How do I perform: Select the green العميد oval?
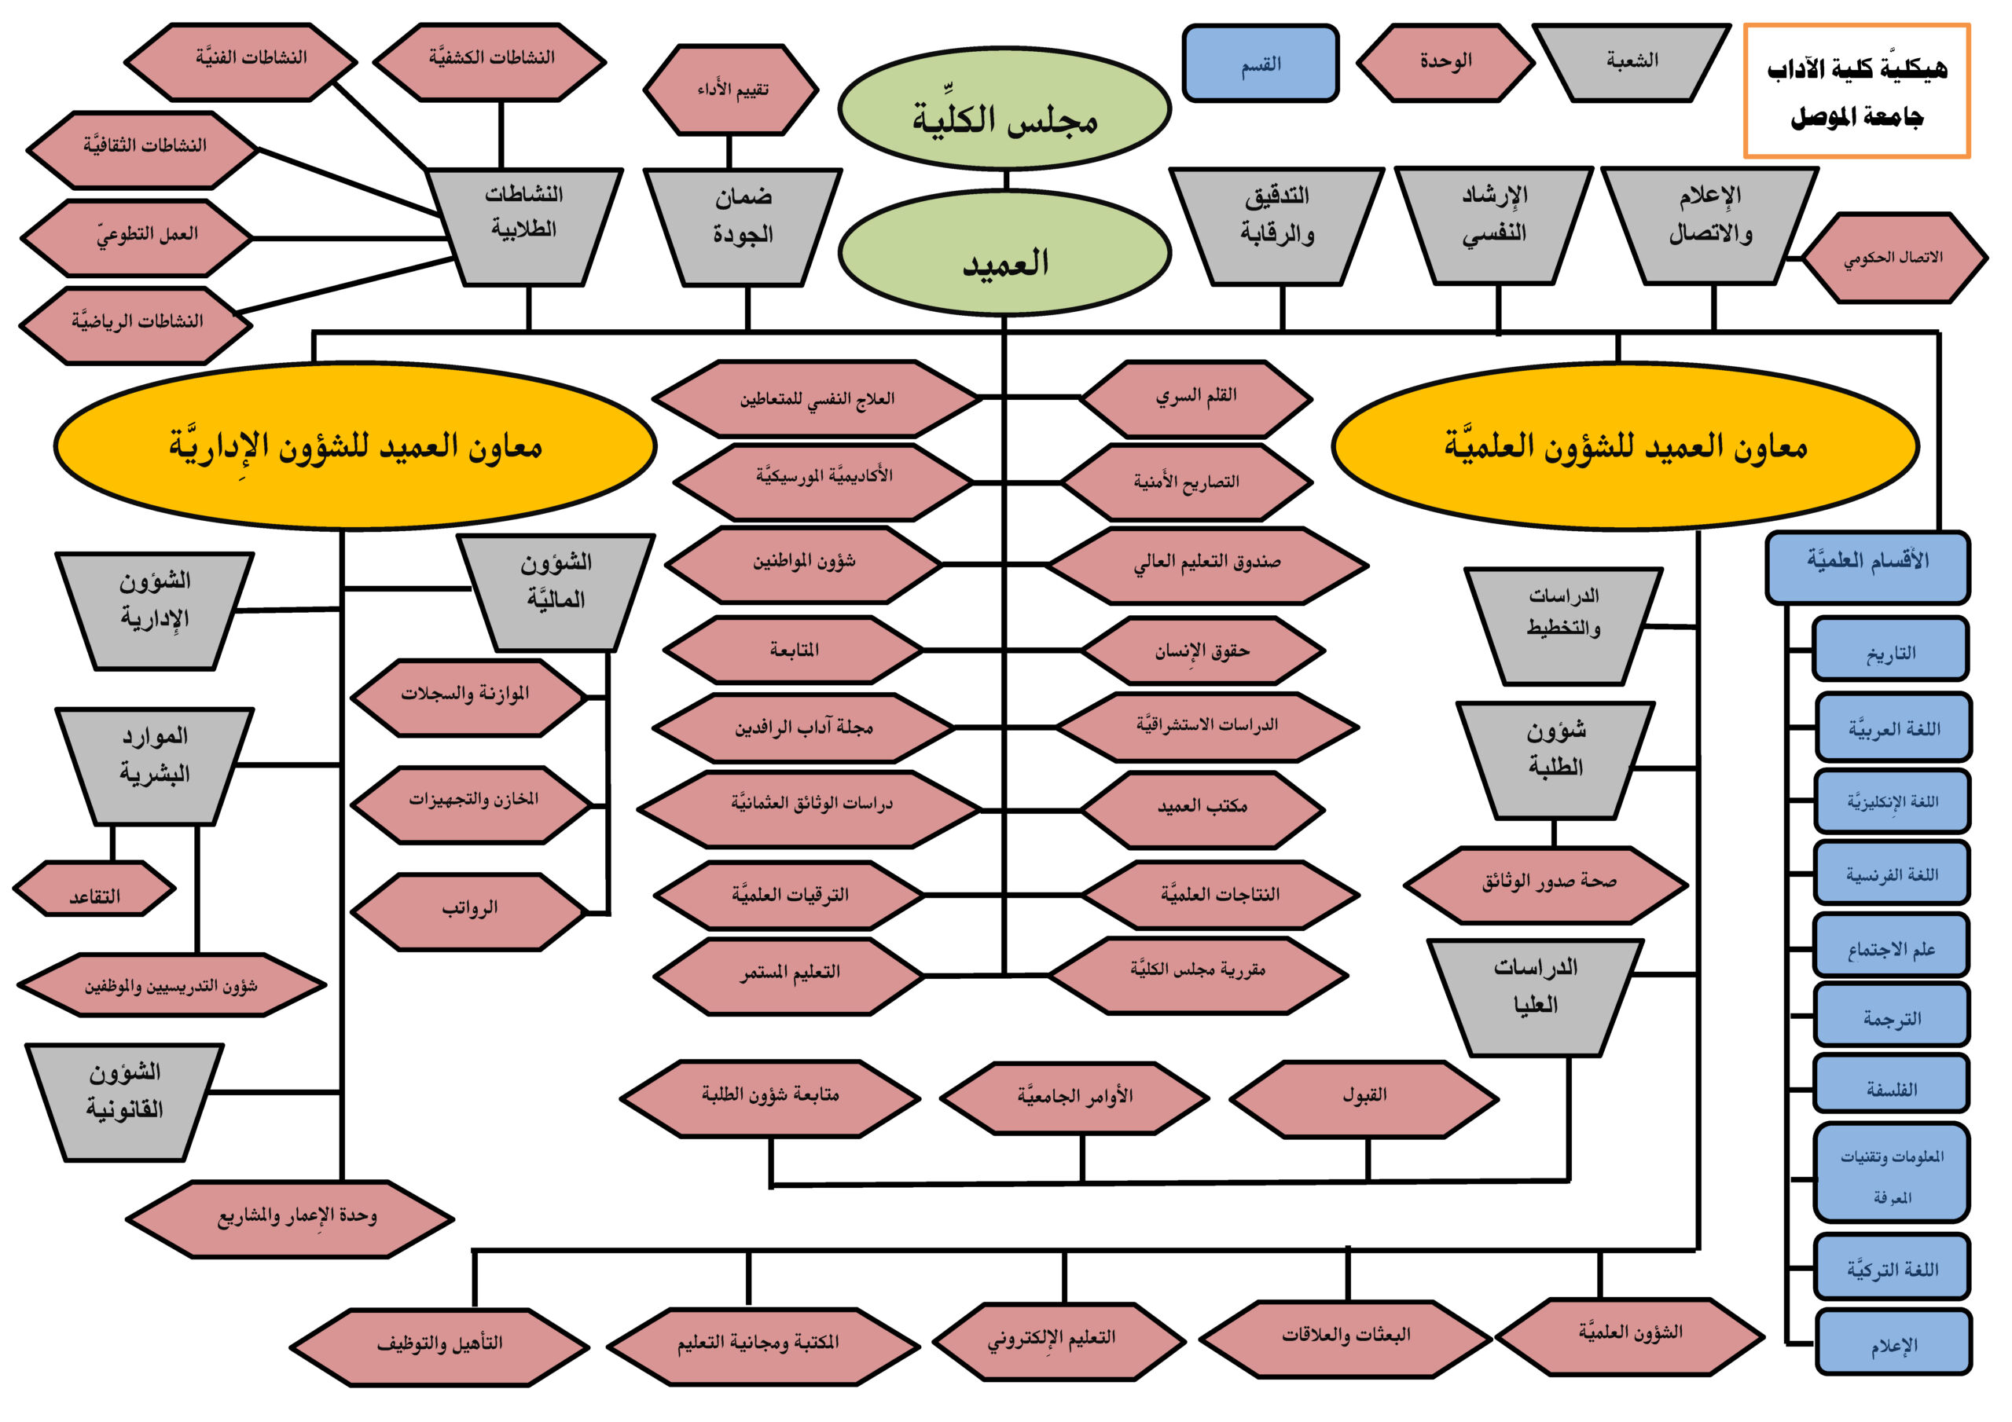tap(1004, 254)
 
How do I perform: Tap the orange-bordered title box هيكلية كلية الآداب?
tap(1856, 91)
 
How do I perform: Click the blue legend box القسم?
tap(1260, 63)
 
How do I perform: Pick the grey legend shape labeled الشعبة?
tap(1631, 61)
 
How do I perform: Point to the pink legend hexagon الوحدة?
tap(1445, 62)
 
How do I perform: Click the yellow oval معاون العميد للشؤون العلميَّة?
tap(1625, 446)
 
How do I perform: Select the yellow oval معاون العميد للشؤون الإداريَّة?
tap(355, 446)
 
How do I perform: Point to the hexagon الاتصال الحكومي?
tap(1893, 258)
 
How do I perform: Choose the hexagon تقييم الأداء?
tap(731, 90)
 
